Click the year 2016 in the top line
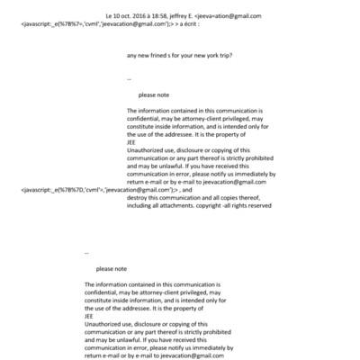[x=142, y=16]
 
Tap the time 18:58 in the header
[x=168, y=16]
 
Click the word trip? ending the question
[x=229, y=55]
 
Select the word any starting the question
[x=132, y=55]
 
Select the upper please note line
[x=151, y=94]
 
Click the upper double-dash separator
[x=130, y=78]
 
